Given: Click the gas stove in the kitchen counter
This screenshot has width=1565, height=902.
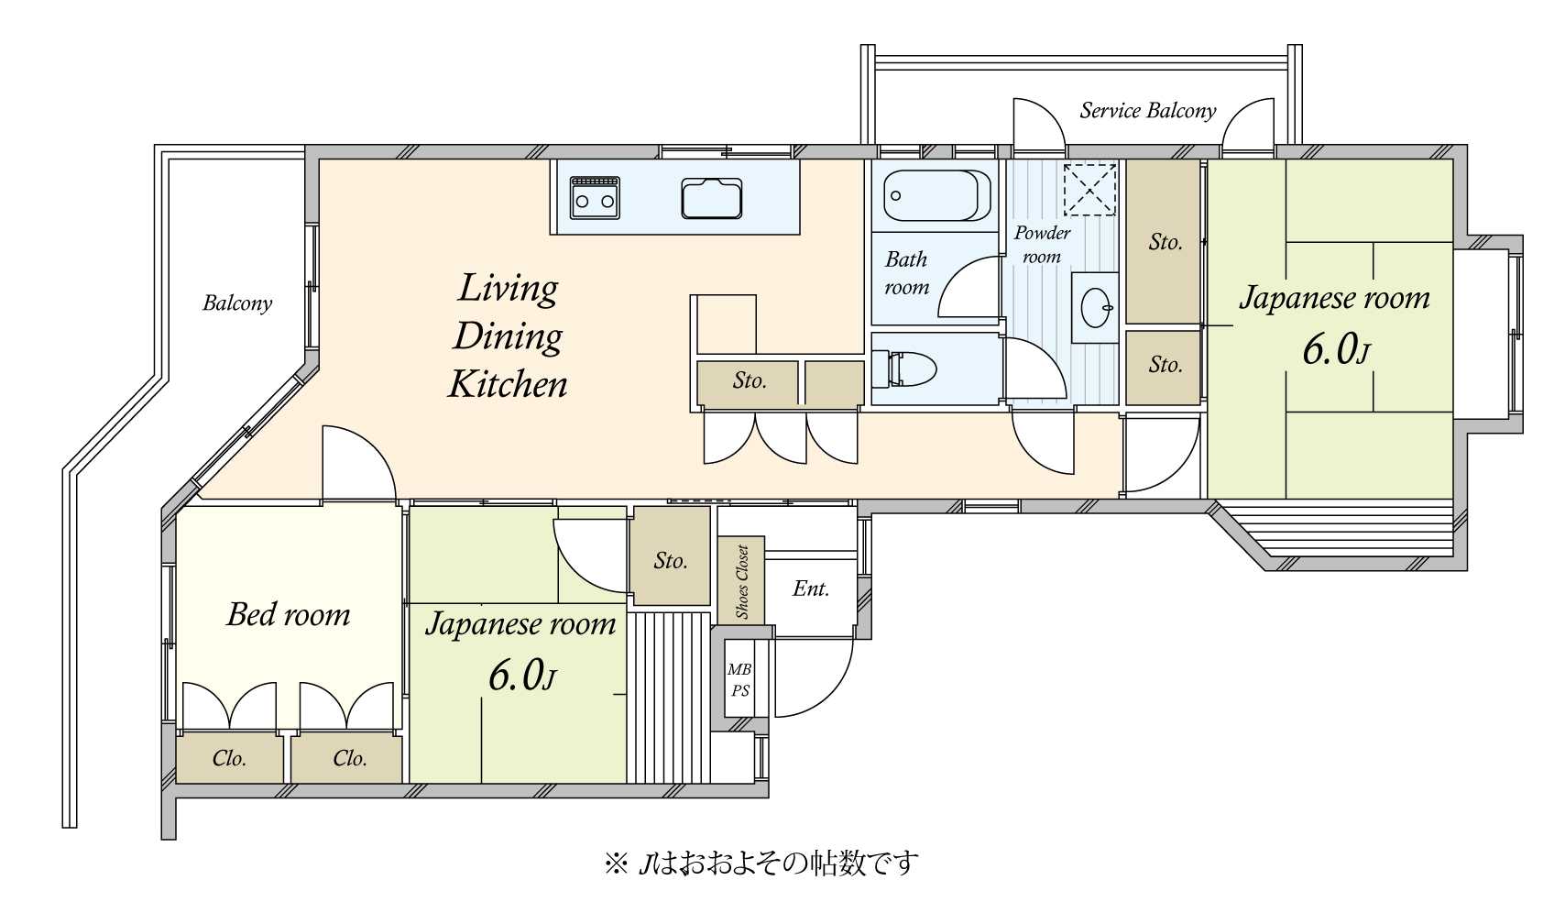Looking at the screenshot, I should pos(595,197).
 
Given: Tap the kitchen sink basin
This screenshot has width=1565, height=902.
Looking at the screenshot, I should pos(711,198).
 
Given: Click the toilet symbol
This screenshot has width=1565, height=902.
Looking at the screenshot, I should pos(904,370).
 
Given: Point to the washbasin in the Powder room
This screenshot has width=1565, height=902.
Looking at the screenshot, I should pos(1094,307).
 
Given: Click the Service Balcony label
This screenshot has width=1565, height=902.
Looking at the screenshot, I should pos(1147,111).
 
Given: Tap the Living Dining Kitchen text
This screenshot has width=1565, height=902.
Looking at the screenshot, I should pos(508,336).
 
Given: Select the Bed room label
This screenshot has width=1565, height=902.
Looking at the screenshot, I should pos(288,614).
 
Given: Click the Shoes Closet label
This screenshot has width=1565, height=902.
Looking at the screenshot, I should pos(742,582).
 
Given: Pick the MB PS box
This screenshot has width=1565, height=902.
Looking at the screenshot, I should pos(739,680).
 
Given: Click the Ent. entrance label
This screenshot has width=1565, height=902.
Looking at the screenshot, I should pos(810,588).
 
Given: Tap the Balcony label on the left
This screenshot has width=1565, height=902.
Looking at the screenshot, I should pos(237,303).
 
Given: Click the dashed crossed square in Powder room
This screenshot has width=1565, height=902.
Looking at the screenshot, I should pos(1089,190).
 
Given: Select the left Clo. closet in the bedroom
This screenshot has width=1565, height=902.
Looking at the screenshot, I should pos(229,758).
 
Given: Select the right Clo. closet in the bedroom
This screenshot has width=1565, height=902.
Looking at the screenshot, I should pos(349,758).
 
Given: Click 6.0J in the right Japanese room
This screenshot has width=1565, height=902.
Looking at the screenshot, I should pos(1335,350).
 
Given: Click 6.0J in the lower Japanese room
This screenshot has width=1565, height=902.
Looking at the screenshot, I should pos(521,676).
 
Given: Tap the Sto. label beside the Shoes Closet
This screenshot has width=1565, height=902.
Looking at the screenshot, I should pos(670,560).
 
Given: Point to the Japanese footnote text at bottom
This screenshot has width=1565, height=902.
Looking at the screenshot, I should pos(761,863).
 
